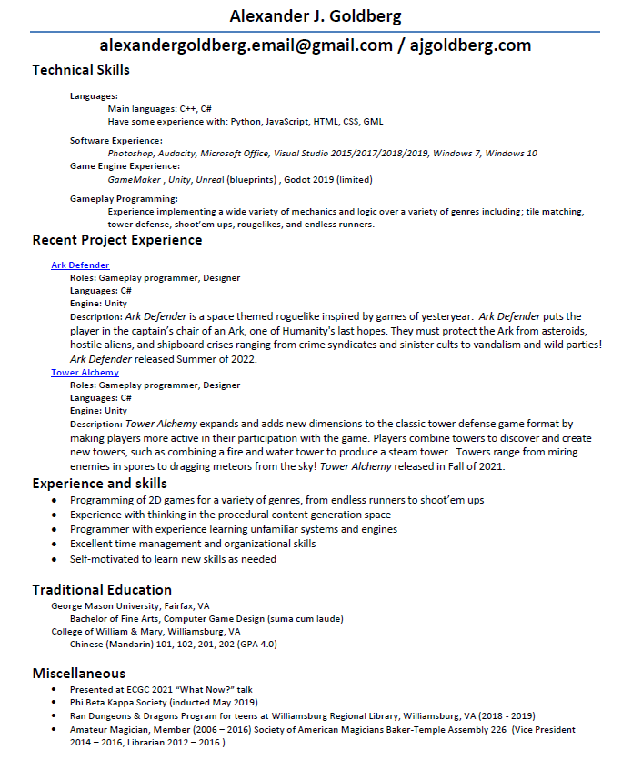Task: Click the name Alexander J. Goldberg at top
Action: point(315,16)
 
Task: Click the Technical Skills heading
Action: point(81,70)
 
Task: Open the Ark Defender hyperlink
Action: point(80,265)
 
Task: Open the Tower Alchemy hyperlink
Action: point(85,373)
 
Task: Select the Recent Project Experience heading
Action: point(116,240)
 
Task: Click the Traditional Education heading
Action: point(102,590)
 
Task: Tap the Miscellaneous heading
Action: point(79,674)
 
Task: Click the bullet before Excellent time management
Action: point(58,545)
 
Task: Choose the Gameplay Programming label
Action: point(124,198)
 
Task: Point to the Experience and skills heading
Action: point(99,484)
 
